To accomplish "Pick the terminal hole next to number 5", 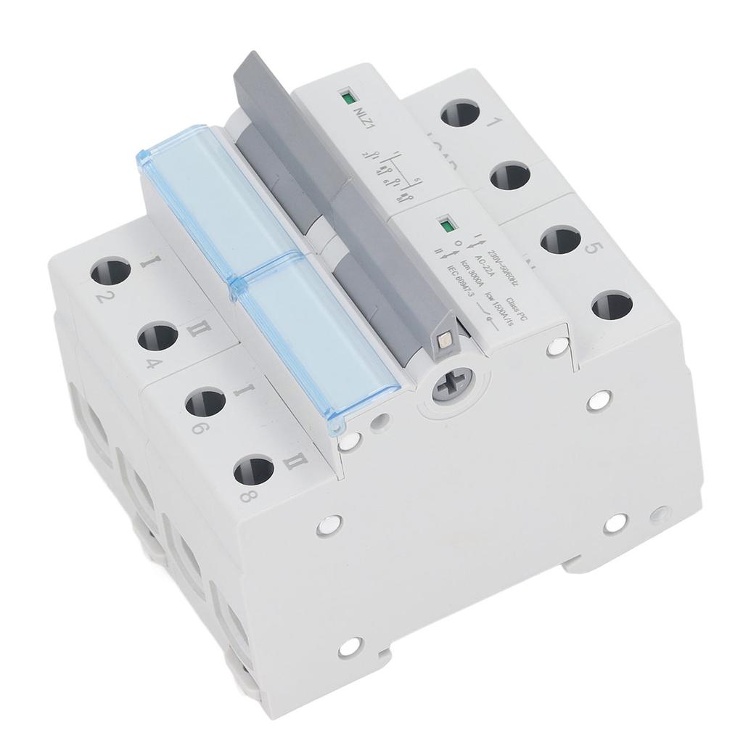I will (x=559, y=240).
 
